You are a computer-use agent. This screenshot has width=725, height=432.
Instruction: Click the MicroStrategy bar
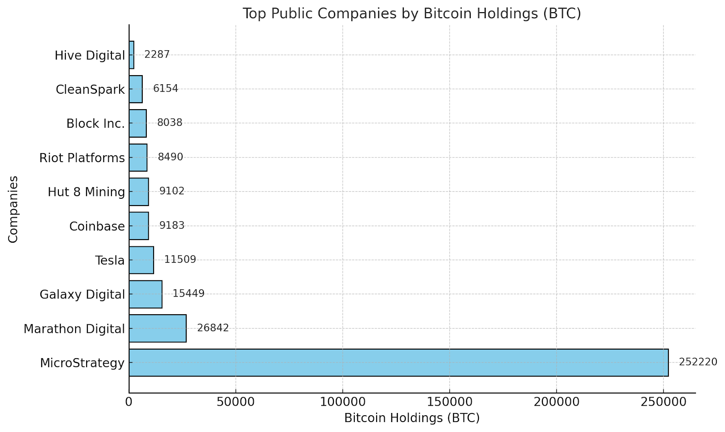click(x=398, y=362)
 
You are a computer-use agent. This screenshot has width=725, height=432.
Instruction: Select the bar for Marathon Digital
click(x=158, y=328)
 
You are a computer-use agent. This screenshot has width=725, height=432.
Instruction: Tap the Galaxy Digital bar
click(x=145, y=294)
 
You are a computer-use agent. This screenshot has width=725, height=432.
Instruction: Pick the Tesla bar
click(x=141, y=260)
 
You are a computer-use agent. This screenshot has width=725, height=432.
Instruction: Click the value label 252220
click(x=698, y=362)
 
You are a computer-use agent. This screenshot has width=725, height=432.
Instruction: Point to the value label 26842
click(x=213, y=328)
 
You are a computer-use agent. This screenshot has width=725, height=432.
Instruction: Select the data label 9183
click(x=172, y=226)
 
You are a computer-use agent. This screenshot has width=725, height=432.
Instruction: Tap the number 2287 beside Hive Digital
click(x=157, y=55)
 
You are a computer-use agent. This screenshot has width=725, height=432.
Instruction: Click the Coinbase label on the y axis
click(x=97, y=226)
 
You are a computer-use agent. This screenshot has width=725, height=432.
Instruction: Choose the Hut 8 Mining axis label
click(x=86, y=192)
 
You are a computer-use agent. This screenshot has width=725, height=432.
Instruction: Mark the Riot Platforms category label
click(x=82, y=158)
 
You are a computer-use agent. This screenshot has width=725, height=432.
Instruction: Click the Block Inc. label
click(x=95, y=124)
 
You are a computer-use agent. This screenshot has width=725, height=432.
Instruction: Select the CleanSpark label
click(x=90, y=90)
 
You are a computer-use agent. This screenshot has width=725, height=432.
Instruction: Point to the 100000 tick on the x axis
click(x=343, y=402)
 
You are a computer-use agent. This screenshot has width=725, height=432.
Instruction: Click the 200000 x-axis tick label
click(x=556, y=402)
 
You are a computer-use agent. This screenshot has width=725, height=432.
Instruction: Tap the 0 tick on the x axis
click(x=129, y=402)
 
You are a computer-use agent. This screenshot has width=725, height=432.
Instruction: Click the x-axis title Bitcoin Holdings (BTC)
click(x=412, y=418)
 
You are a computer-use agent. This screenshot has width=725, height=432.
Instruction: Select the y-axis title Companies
click(x=13, y=209)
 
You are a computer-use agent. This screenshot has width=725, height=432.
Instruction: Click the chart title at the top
click(x=411, y=14)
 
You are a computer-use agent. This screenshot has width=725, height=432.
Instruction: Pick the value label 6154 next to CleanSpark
click(x=165, y=89)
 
